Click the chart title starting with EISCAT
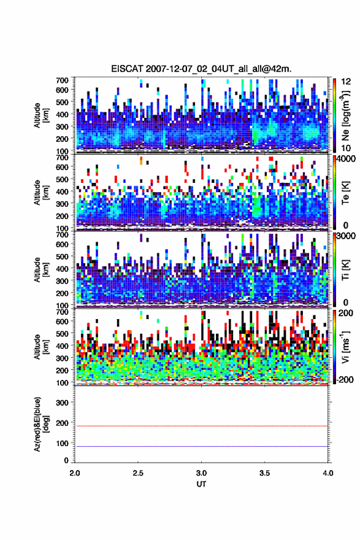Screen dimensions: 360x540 (x=201, y=69)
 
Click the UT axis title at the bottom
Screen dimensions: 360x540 (x=201, y=484)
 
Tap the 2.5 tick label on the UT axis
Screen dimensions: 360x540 (x=138, y=473)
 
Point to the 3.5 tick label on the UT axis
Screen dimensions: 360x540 (x=264, y=473)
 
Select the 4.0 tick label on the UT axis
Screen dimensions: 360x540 (x=328, y=473)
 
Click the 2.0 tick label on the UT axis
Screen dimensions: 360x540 (x=75, y=473)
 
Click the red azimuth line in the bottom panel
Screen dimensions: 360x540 (x=201, y=426)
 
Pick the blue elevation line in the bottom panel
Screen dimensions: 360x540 (x=201, y=446)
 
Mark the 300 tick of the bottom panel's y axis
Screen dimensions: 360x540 (x=63, y=403)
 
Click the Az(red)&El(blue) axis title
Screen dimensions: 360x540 (x=41, y=425)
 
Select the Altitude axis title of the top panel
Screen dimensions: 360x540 (x=41, y=115)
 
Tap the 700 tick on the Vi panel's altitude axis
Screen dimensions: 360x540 (x=63, y=312)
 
